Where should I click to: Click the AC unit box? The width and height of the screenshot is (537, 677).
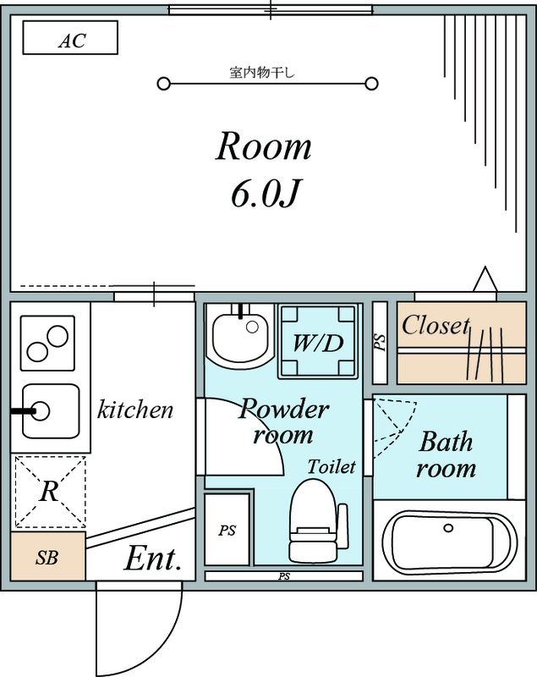[x=69, y=39]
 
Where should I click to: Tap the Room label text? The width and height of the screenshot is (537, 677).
[x=264, y=147]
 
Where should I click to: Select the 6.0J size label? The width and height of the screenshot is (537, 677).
[x=264, y=194]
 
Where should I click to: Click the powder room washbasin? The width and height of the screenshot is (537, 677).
[x=240, y=336]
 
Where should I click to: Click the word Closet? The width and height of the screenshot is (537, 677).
[x=435, y=326]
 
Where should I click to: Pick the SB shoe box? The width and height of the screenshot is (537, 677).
[x=47, y=558]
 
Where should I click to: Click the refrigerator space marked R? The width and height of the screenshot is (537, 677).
[x=49, y=492]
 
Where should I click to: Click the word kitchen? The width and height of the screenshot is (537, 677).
[x=135, y=411]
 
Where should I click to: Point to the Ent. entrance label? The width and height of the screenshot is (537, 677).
[x=154, y=559]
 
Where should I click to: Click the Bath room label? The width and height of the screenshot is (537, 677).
[x=446, y=454]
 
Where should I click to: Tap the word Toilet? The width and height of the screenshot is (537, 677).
[x=331, y=466]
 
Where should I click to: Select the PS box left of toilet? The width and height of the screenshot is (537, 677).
[x=227, y=531]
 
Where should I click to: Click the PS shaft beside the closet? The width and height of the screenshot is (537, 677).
[x=380, y=341]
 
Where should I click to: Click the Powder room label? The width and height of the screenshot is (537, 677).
[x=283, y=421]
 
